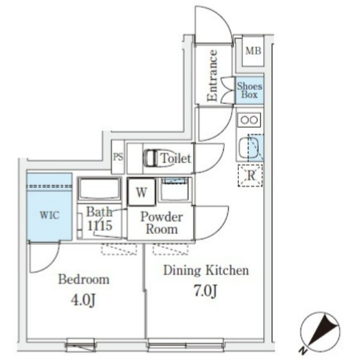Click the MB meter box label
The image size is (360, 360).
pos(253,51)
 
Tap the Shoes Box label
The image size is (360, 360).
pos(250,90)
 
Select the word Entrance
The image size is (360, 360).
pos(212,76)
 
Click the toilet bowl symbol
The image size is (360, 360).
pos(151,158)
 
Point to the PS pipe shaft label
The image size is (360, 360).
pos(118,157)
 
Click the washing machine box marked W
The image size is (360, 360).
pos(142,192)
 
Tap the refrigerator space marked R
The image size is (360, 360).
pos(250,176)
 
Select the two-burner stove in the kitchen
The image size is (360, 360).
pos(249,120)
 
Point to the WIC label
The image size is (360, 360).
pos(50,215)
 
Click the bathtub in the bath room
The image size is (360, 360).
pos(99,189)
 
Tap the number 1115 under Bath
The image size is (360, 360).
pos(100,226)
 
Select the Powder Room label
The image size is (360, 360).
pos(161,223)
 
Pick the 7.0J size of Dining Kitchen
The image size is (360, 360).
pos(206,291)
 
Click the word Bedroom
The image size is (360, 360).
pos(84,280)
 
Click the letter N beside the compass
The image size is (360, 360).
pos(303,350)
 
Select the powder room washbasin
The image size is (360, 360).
pos(175,189)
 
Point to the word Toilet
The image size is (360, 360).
pos(176,158)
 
